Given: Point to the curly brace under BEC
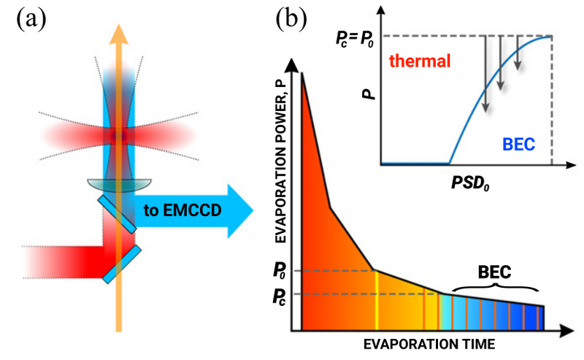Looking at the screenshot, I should click(x=493, y=289).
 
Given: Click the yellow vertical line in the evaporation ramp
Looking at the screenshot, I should click(x=376, y=299).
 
